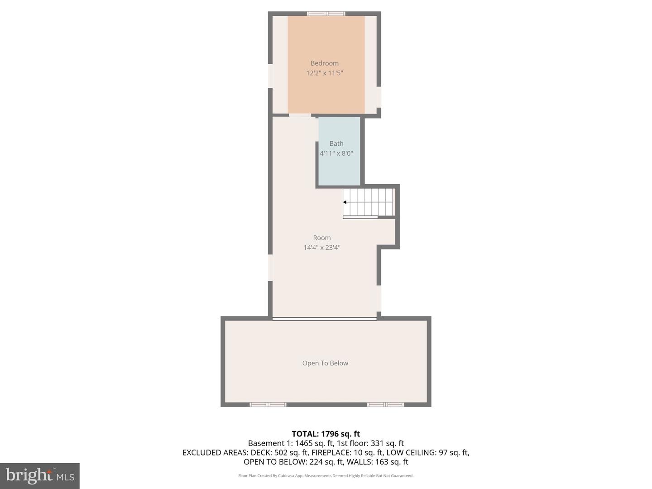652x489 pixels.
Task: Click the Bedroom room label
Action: pos(324,63)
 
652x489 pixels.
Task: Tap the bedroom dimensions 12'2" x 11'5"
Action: pos(324,73)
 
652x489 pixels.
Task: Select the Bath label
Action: pos(336,144)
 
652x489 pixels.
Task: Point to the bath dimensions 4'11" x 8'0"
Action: pos(336,153)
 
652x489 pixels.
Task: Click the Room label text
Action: pos(321,238)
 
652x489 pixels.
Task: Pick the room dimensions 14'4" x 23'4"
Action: pos(321,248)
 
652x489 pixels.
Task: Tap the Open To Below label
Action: pos(325,363)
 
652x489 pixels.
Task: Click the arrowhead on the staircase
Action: pos(345,202)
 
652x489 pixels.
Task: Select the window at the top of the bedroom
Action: pos(326,14)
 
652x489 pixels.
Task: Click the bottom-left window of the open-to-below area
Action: pos(268,404)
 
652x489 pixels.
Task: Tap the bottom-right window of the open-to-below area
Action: pos(385,404)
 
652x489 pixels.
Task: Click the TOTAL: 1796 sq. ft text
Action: pos(326,434)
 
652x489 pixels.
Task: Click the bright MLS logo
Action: pos(40,475)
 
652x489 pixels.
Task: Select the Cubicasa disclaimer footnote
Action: pos(326,476)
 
